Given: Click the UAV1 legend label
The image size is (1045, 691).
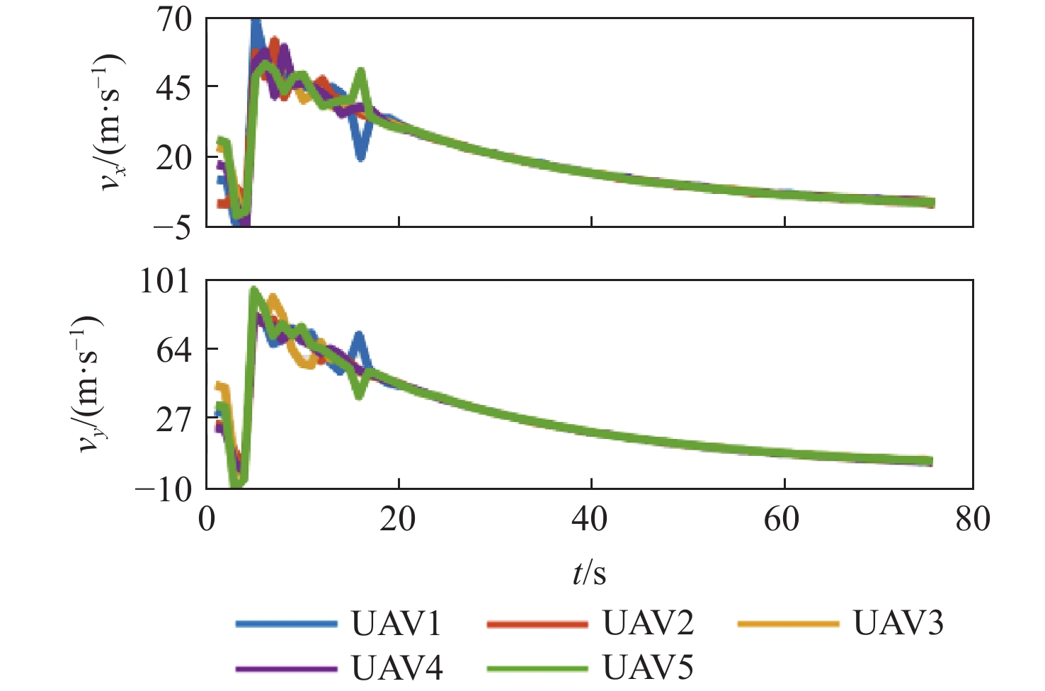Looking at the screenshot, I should coord(396,623).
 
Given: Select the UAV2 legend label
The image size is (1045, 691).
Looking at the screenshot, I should coord(648,623).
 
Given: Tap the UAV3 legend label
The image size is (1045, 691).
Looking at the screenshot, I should coord(898,623).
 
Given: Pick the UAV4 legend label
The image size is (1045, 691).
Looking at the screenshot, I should coord(396,667).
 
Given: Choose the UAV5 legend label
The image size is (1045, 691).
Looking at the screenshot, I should coord(648,667).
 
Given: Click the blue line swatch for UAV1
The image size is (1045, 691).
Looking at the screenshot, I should coord(287,624).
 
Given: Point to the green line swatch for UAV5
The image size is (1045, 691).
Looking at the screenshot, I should coord(538,668).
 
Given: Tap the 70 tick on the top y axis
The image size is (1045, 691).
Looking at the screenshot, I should coord(173,20).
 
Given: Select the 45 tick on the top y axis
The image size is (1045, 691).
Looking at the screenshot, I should coord(173,87).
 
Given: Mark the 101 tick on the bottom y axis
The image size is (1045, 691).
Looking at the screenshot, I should coord(165,281).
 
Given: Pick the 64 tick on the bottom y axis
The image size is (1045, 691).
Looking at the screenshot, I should coord(173,350).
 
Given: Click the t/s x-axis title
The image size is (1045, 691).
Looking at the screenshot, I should coord(589,573).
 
